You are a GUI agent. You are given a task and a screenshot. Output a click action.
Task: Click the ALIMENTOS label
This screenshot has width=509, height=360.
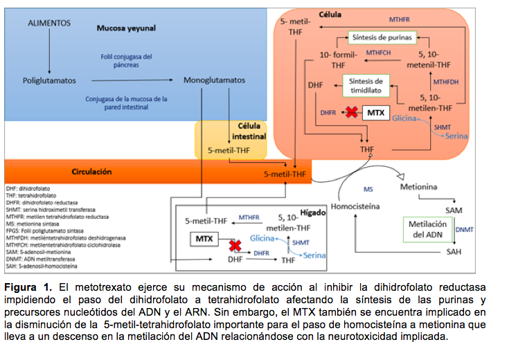point(49,24)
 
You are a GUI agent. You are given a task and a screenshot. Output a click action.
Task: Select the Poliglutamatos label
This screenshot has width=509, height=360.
point(48,80)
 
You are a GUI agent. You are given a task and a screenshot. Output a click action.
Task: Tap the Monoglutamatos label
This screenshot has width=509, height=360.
point(214,80)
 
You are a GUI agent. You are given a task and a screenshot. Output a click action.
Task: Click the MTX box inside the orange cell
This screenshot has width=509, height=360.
point(375,112)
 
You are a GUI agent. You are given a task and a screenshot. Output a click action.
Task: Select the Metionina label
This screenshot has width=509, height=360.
point(419,187)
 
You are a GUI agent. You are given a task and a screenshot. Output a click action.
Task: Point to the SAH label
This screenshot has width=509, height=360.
point(454,251)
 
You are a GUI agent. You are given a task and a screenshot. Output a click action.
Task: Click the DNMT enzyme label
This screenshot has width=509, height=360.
point(465,228)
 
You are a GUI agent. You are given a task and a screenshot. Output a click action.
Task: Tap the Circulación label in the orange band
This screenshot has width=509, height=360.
point(92,171)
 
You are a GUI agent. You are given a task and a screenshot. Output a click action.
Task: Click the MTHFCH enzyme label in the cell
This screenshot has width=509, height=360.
point(379,53)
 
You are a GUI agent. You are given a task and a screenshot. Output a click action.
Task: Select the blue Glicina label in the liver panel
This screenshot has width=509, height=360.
point(262,237)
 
